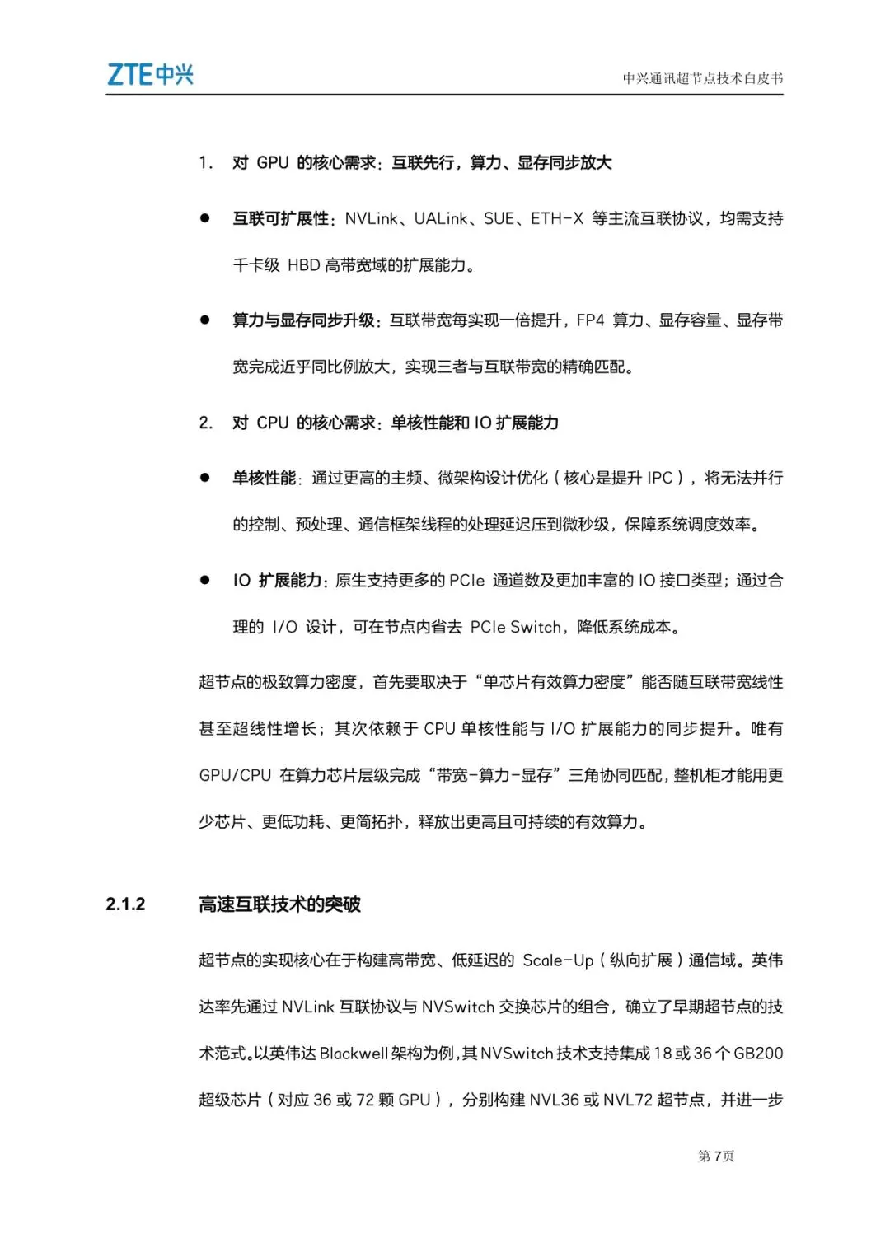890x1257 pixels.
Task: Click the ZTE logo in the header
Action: point(150,75)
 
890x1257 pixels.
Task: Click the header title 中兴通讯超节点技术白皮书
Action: point(702,79)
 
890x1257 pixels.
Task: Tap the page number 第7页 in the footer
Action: point(715,1156)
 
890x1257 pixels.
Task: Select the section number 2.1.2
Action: point(125,904)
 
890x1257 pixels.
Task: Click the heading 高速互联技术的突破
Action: point(279,904)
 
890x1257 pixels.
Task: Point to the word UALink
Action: point(441,218)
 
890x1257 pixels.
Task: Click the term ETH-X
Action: point(556,218)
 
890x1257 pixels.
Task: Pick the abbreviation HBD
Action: point(303,265)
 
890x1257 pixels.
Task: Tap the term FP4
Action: point(590,320)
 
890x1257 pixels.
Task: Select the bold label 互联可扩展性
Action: point(280,218)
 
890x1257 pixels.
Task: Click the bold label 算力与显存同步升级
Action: point(303,320)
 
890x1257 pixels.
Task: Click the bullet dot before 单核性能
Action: point(204,478)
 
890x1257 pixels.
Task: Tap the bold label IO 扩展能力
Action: point(278,581)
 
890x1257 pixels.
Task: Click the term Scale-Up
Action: point(558,960)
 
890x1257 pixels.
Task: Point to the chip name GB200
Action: point(758,1054)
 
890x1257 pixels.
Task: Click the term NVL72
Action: point(627,1100)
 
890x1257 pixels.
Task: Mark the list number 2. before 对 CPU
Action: point(205,423)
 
